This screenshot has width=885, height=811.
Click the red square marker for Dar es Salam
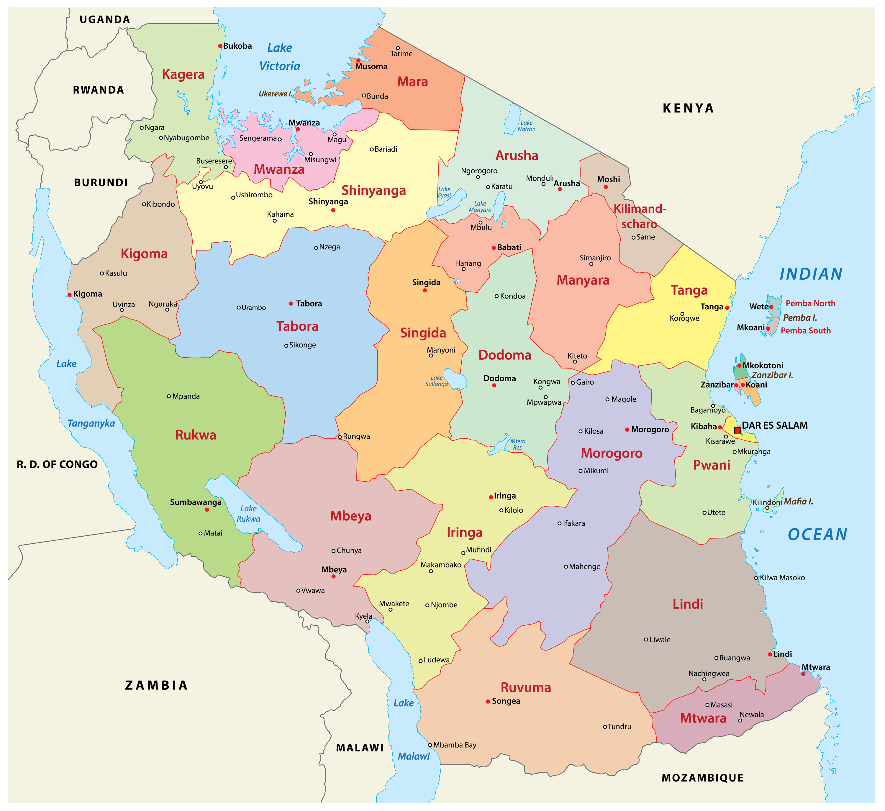737,431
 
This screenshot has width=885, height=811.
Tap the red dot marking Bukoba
220,46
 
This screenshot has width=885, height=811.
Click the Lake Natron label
526,126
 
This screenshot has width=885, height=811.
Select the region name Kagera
183,74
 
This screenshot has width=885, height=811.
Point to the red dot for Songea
488,701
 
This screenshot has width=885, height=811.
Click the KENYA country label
688,108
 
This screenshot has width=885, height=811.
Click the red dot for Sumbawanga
207,510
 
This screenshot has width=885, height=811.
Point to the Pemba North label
810,303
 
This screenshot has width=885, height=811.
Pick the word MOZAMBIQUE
702,778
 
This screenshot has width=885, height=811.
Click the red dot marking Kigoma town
69,295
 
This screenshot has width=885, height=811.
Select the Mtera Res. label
517,444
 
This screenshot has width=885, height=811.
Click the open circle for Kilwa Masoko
756,578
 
